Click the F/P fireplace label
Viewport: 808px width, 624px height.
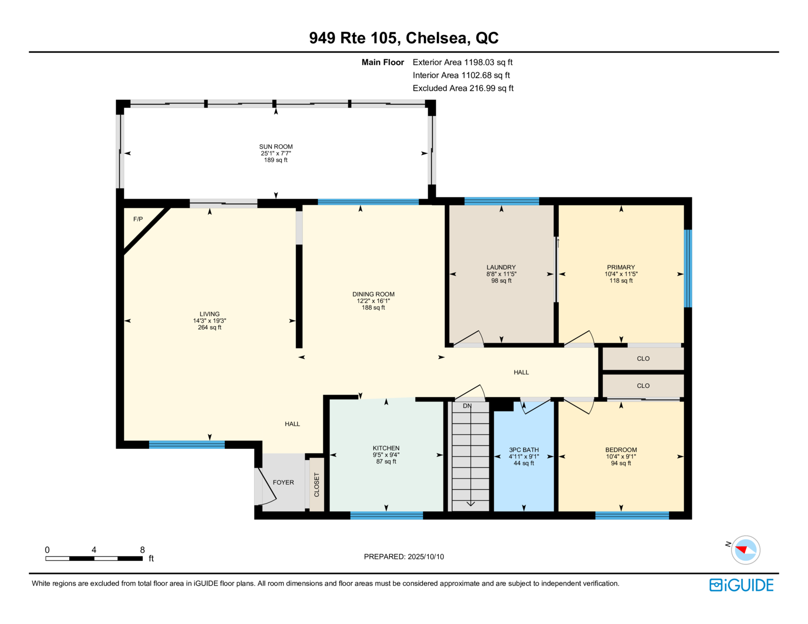(x=138, y=219)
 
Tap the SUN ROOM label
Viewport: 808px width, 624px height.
(x=276, y=147)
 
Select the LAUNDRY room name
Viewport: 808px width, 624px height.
(x=501, y=267)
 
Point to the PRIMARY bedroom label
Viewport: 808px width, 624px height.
(x=621, y=267)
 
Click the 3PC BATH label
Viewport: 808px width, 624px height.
(x=524, y=450)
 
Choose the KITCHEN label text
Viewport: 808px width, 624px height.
(x=386, y=448)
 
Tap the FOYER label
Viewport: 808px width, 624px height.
(x=283, y=483)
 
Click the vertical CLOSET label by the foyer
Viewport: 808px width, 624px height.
(x=317, y=485)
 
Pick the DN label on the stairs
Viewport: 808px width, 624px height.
(x=467, y=406)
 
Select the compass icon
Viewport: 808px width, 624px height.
(x=745, y=550)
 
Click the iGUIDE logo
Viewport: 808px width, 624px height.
(x=741, y=585)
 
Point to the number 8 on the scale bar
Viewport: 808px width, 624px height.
(x=142, y=550)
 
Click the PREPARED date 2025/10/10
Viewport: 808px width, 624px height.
(x=426, y=557)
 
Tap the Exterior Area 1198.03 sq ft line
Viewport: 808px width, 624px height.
(x=463, y=63)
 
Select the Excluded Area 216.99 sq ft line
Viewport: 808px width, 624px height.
(x=463, y=88)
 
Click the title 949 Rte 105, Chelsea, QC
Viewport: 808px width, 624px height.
(x=404, y=38)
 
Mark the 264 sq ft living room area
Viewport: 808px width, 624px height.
(x=210, y=328)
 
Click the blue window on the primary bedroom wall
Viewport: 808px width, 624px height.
(x=688, y=269)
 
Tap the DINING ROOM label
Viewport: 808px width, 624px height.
(x=373, y=294)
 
